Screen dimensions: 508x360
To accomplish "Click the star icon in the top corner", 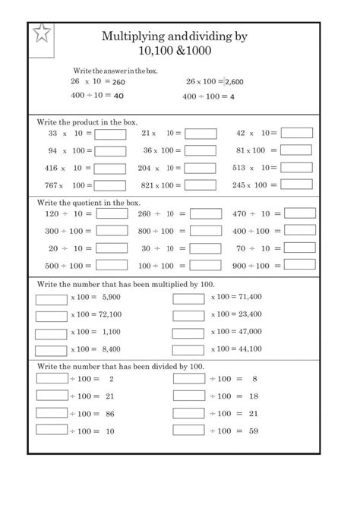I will click(x=42, y=34).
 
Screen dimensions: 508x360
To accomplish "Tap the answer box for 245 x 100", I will click(x=297, y=185).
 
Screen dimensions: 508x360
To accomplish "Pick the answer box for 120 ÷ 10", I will click(x=112, y=214).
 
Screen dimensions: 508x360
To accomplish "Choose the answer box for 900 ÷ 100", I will click(x=297, y=266).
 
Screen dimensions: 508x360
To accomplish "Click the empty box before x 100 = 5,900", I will click(x=52, y=297).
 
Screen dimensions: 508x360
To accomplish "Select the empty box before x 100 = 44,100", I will click(x=188, y=349).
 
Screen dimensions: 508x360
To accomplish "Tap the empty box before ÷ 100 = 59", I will click(x=188, y=431).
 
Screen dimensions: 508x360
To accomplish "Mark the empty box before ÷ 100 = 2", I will click(x=52, y=378).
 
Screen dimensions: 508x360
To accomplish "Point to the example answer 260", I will click(x=118, y=81).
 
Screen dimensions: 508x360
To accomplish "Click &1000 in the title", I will click(x=193, y=51).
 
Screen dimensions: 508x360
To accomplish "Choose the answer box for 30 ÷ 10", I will click(x=205, y=248).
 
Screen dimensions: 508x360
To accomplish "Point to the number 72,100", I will click(x=109, y=314).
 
